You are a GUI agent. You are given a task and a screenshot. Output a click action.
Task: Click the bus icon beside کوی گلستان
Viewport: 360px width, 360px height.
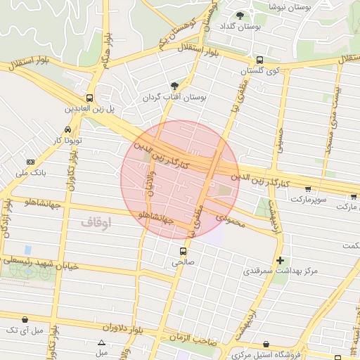[x=260, y=60]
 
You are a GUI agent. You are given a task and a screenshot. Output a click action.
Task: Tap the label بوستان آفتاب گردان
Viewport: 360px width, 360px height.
[x=173, y=97]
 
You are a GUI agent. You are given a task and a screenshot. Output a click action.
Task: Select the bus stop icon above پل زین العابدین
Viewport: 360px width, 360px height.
[x=89, y=98]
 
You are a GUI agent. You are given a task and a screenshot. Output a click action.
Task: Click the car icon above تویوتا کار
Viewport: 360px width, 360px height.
[x=67, y=130]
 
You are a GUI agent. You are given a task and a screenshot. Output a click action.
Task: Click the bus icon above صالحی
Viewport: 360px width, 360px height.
[x=181, y=251]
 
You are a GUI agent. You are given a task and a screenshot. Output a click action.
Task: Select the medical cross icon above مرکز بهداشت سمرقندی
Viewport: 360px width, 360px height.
[x=281, y=260]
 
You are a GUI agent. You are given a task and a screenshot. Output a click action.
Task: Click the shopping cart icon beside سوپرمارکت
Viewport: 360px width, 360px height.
[x=308, y=188]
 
